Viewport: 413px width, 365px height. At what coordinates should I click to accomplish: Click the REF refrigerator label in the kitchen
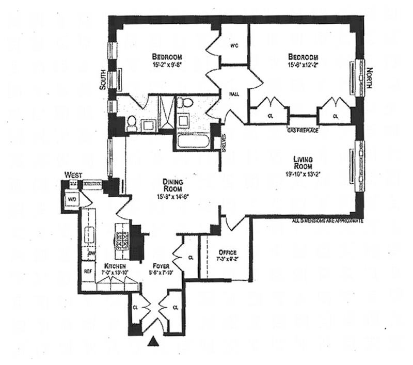(87, 271)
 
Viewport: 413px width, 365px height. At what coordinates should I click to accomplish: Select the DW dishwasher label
(91, 253)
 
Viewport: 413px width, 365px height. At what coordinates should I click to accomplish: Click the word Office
(227, 252)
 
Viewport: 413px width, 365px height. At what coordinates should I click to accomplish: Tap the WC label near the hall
(233, 45)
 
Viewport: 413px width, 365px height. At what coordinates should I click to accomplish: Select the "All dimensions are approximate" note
(329, 220)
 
